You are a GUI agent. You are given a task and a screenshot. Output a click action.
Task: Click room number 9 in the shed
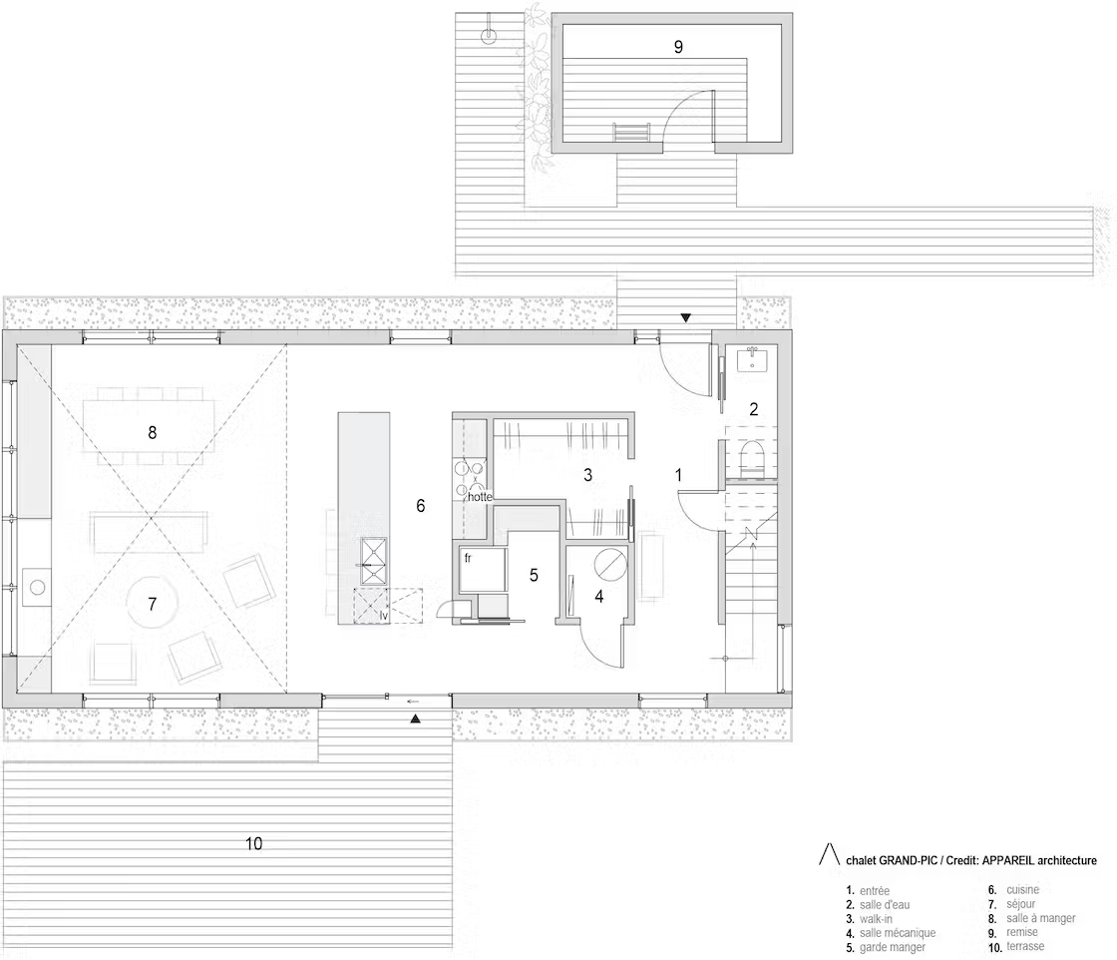point(678,47)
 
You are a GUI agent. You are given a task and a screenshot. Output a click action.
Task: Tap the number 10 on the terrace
point(253,844)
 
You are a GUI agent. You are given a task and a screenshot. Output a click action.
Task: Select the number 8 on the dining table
point(152,433)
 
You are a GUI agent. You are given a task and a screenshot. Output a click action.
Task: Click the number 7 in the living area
point(152,605)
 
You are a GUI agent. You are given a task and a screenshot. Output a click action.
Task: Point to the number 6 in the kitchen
point(420,505)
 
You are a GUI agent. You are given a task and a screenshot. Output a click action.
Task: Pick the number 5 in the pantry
point(534,575)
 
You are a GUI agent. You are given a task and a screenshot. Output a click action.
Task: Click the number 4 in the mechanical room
point(599,596)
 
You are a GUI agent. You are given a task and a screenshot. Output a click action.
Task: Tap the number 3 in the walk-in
point(587,475)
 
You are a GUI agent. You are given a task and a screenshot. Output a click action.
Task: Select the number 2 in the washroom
point(754,409)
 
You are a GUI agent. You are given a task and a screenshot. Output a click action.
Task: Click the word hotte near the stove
point(480,497)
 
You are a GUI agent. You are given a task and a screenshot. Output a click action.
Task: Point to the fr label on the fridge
point(468,558)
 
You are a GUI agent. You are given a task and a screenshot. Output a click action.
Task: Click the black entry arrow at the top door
point(685,318)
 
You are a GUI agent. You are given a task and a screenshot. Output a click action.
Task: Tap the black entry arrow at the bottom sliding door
point(415,720)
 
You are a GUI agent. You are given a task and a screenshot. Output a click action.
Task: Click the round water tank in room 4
point(610,565)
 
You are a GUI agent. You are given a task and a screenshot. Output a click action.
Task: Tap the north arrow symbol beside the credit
point(829,854)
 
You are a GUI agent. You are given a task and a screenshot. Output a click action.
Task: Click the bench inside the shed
point(631,133)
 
